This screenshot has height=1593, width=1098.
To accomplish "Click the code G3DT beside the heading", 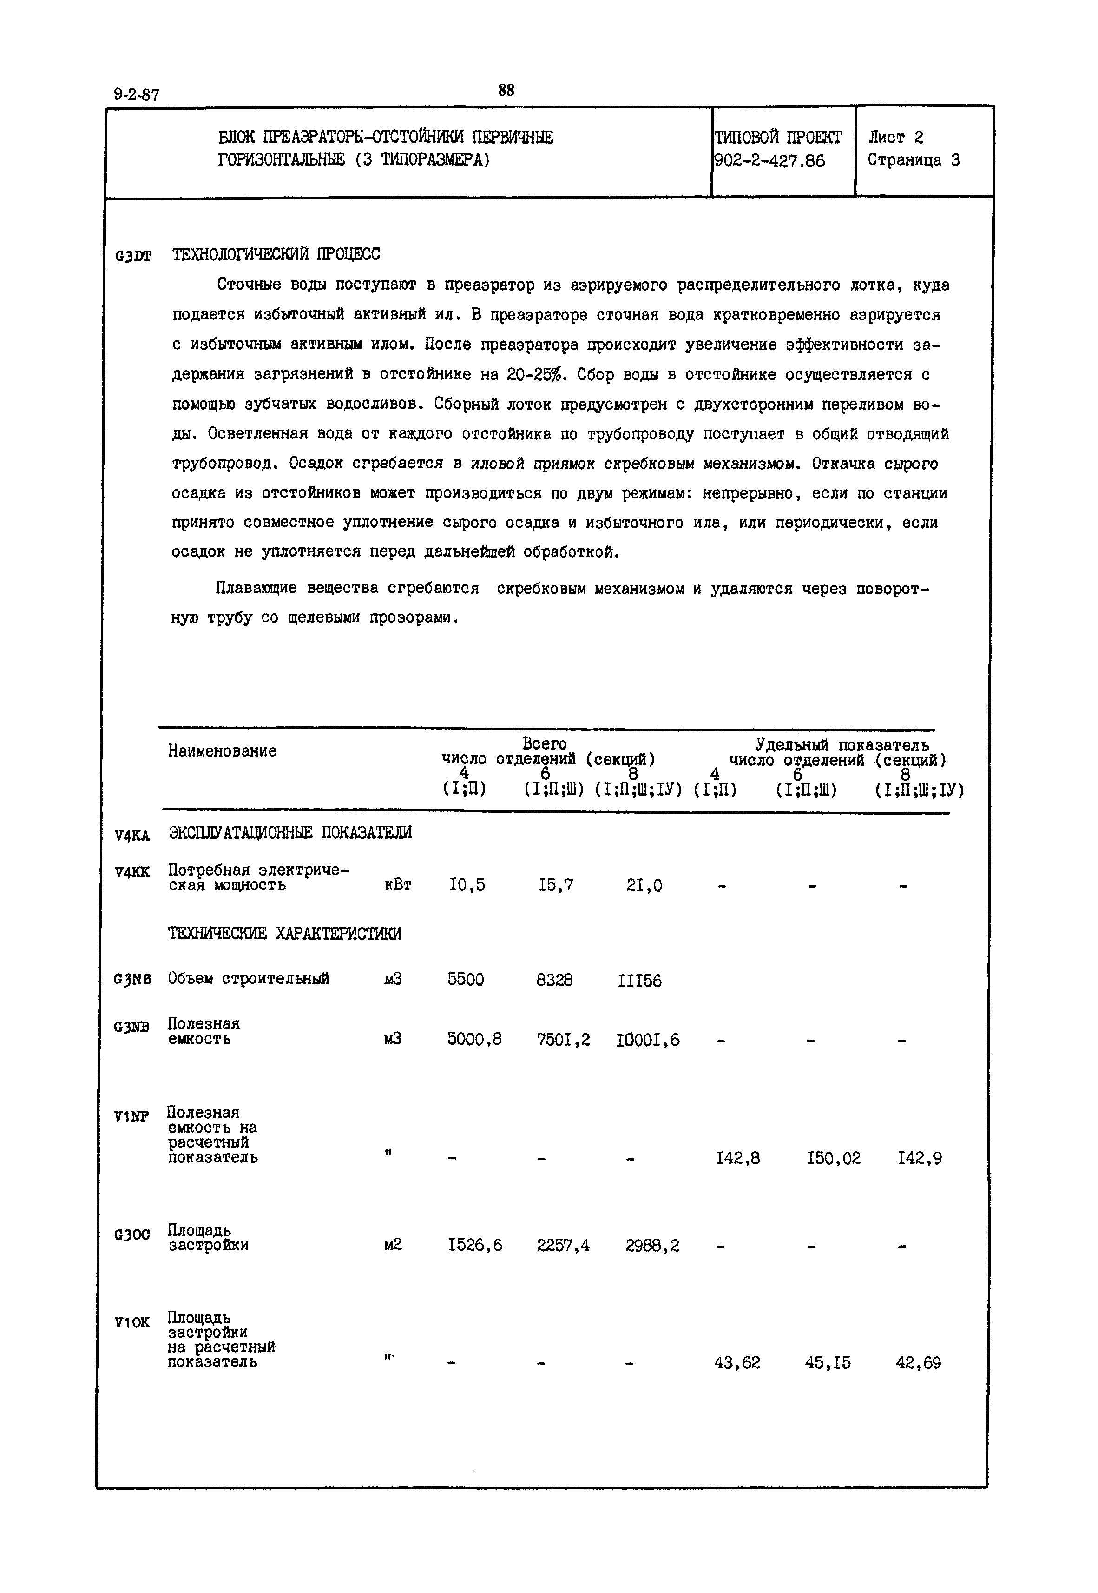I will (x=133, y=257).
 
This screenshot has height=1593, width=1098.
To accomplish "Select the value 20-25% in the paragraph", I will (x=534, y=374).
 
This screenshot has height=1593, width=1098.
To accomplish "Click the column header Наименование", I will (x=222, y=750).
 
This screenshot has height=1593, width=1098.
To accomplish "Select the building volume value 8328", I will (x=554, y=980).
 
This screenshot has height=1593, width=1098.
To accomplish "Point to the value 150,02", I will (x=833, y=1159).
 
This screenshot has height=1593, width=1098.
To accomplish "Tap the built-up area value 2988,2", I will (x=652, y=1245).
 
